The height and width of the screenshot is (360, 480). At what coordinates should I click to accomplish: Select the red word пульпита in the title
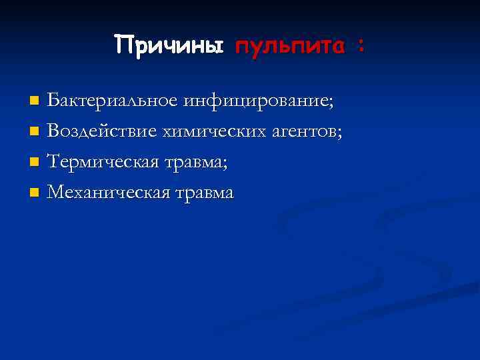287,47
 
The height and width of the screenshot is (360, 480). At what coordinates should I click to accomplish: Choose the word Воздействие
101,132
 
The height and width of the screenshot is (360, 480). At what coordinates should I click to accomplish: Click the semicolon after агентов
341,134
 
